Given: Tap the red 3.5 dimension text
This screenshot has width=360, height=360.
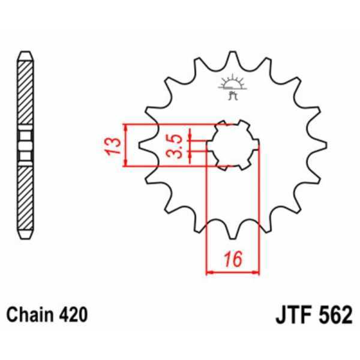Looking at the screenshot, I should tap(172, 146).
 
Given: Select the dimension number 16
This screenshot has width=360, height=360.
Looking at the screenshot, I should tap(232, 259).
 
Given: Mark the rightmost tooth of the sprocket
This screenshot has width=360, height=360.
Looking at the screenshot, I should tap(319, 145).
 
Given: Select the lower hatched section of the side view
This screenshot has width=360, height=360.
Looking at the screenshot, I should tap(25, 198).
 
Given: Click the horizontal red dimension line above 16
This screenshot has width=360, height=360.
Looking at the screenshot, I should tap(232, 272).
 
